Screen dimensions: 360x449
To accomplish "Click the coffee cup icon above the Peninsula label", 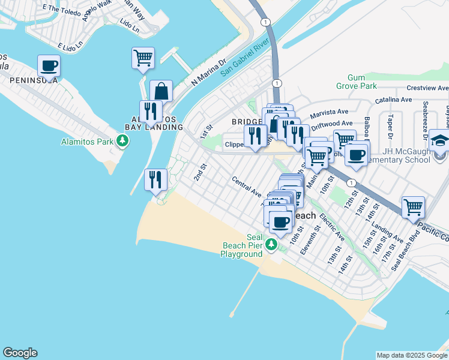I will point(49,65).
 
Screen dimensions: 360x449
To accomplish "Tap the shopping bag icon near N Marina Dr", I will point(161,91).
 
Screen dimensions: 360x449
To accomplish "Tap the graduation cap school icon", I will point(440,140).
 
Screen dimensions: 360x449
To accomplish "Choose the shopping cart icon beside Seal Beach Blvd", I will point(413,208).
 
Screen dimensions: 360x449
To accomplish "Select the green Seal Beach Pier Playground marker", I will point(271,244).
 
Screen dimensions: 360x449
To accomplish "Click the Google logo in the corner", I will point(20,353).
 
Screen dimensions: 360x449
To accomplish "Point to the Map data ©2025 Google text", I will point(411,355).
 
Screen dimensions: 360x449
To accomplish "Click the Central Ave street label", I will point(247,187).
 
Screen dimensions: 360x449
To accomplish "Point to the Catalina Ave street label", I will point(394,100).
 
